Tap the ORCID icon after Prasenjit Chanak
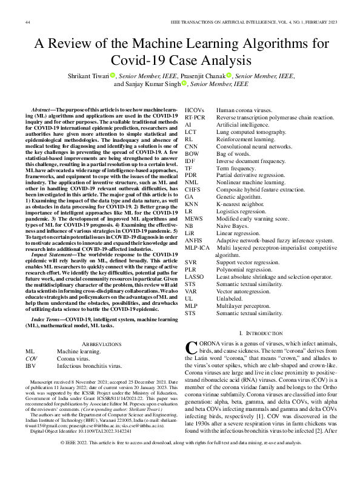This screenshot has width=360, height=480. coord(229,76)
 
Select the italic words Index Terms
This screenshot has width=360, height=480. coord(46,319)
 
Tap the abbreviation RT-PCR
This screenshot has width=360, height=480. coord(195,114)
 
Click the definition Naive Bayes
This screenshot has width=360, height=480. coord(231,225)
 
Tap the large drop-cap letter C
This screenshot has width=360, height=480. coord(190,348)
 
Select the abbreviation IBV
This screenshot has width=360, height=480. coord(30,367)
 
